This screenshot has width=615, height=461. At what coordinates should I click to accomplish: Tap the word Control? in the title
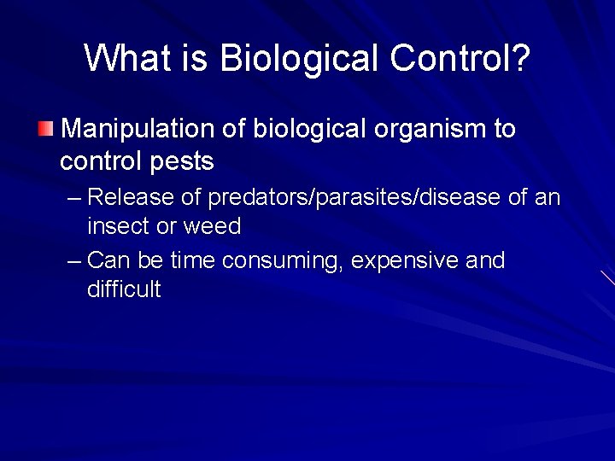[460, 58]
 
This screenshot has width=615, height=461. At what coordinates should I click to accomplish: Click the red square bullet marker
[44, 129]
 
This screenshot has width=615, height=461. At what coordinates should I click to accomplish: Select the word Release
[132, 197]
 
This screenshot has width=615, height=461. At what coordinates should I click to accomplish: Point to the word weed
[213, 226]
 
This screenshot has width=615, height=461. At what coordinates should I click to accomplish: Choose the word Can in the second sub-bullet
[108, 260]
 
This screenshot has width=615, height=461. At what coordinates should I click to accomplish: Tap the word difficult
[123, 289]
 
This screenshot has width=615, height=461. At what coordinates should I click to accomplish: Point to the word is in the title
[194, 58]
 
